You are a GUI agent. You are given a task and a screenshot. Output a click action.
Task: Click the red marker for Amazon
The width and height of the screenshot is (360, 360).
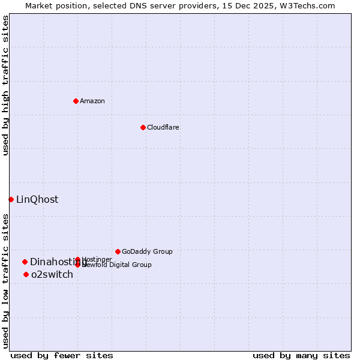(76, 101)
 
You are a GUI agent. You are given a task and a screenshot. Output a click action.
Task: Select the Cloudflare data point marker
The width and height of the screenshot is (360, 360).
(143, 127)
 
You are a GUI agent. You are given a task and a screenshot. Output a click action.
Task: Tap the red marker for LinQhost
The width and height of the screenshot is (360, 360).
(11, 199)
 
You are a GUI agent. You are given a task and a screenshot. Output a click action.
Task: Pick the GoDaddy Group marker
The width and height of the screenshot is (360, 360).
(118, 251)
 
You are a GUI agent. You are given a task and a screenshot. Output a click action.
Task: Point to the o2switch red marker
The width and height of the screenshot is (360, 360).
(26, 275)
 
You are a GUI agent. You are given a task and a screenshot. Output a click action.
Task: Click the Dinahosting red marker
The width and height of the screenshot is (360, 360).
(25, 262)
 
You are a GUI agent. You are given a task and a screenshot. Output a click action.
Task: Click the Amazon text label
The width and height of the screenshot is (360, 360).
(92, 101)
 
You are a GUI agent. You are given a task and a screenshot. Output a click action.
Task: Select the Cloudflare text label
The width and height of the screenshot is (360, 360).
(163, 127)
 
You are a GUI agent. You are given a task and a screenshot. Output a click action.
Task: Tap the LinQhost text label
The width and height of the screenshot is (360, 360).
(37, 200)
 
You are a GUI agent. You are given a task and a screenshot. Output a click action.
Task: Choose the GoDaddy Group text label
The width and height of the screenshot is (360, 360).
(147, 251)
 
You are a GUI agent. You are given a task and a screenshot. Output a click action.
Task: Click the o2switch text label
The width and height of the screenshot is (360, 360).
(52, 275)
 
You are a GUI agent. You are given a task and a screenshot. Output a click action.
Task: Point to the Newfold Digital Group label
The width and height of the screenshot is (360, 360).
(117, 265)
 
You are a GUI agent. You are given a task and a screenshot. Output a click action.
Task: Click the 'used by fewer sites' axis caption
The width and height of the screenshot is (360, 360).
(62, 355)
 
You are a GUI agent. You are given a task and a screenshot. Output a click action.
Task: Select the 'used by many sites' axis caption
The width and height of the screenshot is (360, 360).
(301, 355)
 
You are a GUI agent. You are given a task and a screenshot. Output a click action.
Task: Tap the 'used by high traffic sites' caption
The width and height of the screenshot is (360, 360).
(5, 85)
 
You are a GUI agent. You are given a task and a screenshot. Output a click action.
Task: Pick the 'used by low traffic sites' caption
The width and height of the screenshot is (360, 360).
(5, 280)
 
